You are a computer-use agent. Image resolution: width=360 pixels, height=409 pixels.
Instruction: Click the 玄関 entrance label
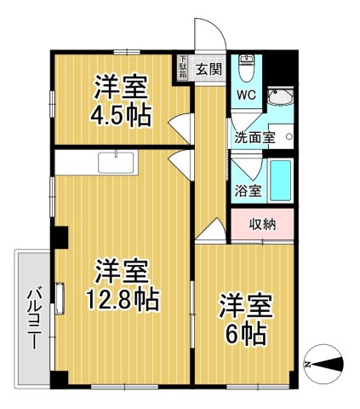(x=209, y=70)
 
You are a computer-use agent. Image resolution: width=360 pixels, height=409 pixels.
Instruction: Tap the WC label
(x=246, y=95)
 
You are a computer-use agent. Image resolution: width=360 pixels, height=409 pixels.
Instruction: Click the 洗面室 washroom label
(x=254, y=136)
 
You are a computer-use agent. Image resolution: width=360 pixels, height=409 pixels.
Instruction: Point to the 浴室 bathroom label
(x=249, y=191)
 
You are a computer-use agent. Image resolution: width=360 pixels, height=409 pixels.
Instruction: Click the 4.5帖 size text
(x=121, y=115)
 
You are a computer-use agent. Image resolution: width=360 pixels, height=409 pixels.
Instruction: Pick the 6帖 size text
(x=246, y=332)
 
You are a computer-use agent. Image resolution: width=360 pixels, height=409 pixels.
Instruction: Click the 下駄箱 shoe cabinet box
(x=183, y=68)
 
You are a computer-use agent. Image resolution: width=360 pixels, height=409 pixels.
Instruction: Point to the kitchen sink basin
(x=113, y=162)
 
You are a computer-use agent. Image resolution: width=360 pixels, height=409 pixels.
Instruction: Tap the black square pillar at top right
(x=289, y=62)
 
